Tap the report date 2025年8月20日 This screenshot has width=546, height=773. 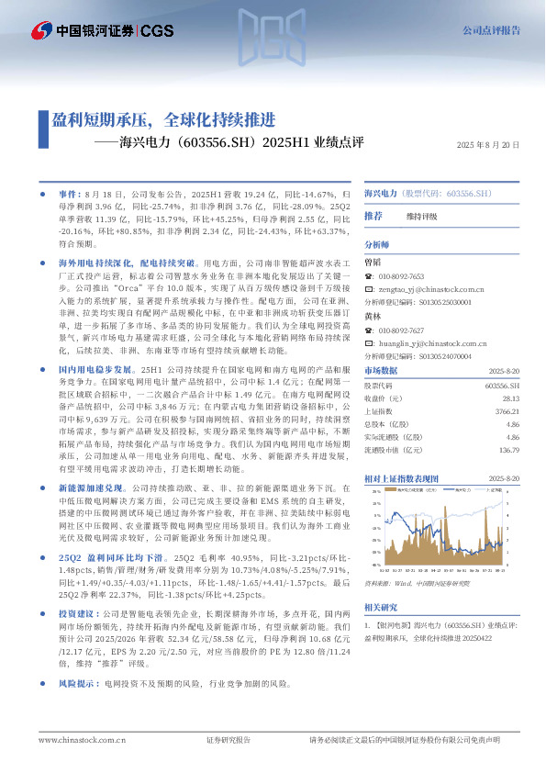coord(488,146)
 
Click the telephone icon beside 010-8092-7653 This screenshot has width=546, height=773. coord(369,275)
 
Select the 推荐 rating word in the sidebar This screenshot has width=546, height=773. coord(373,216)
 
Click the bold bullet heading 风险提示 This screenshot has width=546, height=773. coord(78,684)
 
